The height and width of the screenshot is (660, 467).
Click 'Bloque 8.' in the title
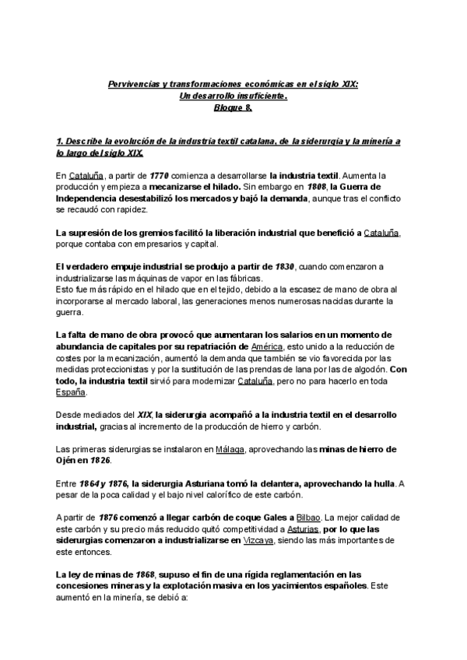tap(233, 107)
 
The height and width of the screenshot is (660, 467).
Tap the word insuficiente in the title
tap(255, 96)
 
